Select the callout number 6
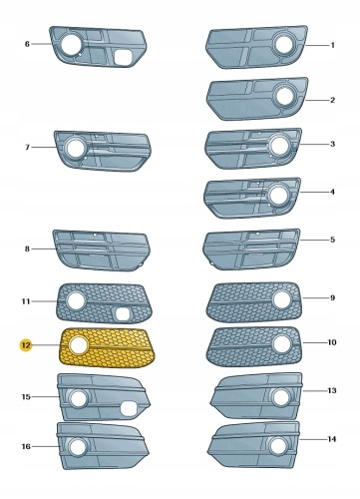point(27,44)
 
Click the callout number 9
point(333,297)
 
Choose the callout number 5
point(333,240)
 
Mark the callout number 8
point(27,249)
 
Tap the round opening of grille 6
point(71,43)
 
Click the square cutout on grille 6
point(120,57)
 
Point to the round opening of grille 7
point(74,148)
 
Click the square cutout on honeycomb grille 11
point(122,313)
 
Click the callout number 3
point(333,144)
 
